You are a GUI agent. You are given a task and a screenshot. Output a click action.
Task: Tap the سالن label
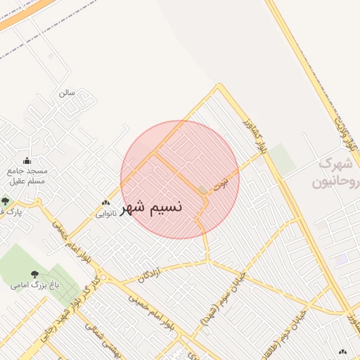tap(67, 92)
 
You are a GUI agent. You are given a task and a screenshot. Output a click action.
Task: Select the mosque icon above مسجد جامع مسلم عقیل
tap(27, 160)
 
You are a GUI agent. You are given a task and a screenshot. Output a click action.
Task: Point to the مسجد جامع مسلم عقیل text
tap(27, 176)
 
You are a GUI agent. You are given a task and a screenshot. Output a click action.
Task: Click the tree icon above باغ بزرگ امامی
tap(34, 274)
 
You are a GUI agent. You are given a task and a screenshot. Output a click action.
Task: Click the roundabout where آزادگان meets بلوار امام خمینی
tap(98, 270)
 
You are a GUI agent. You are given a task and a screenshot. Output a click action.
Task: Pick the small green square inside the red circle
tap(202, 191)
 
